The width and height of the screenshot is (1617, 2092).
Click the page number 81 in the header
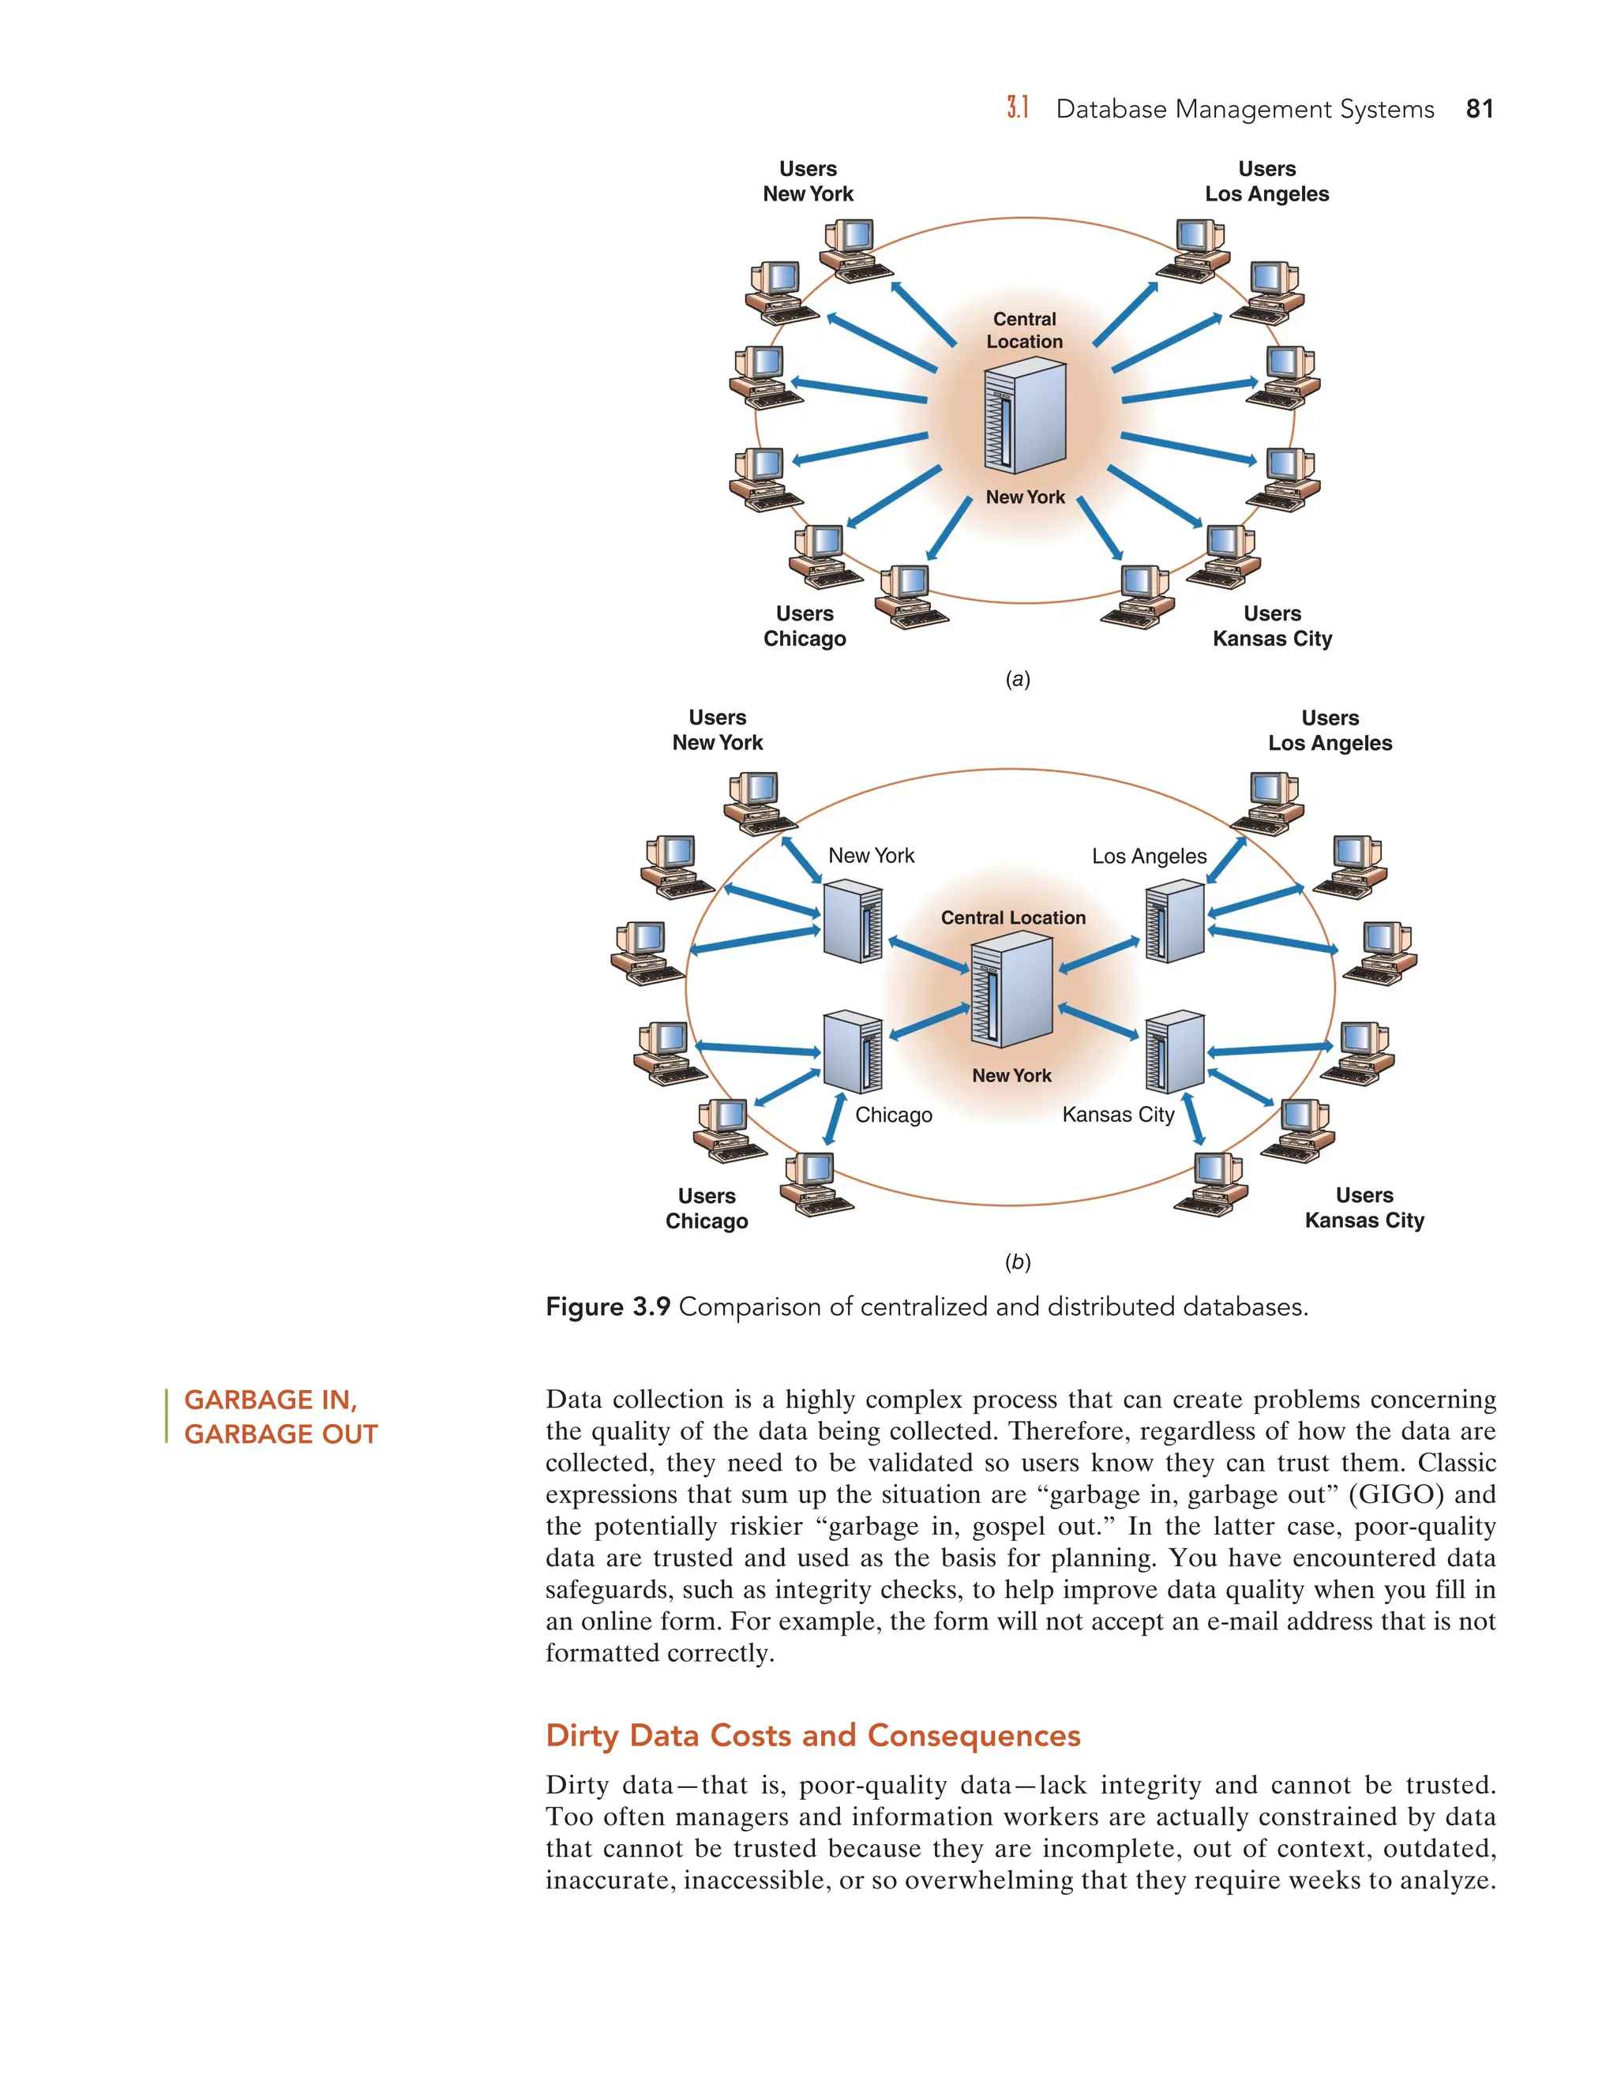tap(1478, 109)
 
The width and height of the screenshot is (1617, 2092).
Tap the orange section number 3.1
tap(1017, 108)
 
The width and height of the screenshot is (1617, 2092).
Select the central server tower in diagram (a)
tap(1024, 416)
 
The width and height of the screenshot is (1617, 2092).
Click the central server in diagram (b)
tap(1011, 992)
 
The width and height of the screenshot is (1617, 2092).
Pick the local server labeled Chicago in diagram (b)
tap(852, 1052)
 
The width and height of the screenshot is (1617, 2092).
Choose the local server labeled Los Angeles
tap(1174, 922)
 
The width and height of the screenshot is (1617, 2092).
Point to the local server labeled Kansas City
tap(1174, 1052)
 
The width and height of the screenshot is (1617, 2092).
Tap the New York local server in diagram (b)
tap(852, 922)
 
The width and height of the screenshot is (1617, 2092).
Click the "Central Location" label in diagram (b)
tap(1012, 917)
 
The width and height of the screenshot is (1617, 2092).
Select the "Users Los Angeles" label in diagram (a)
tap(1266, 181)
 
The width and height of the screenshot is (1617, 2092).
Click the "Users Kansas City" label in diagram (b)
tap(1364, 1208)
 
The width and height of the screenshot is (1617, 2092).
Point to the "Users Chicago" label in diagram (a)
tap(805, 627)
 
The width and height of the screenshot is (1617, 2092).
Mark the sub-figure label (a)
tap(1017, 680)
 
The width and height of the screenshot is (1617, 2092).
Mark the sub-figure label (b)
tap(1017, 1262)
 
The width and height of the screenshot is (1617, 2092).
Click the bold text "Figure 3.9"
tap(607, 1307)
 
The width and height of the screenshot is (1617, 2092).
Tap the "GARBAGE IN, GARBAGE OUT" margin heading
tap(280, 1417)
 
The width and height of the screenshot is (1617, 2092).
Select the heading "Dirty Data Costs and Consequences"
tap(812, 1736)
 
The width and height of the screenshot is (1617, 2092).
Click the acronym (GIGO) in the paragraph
tap(1395, 1494)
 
